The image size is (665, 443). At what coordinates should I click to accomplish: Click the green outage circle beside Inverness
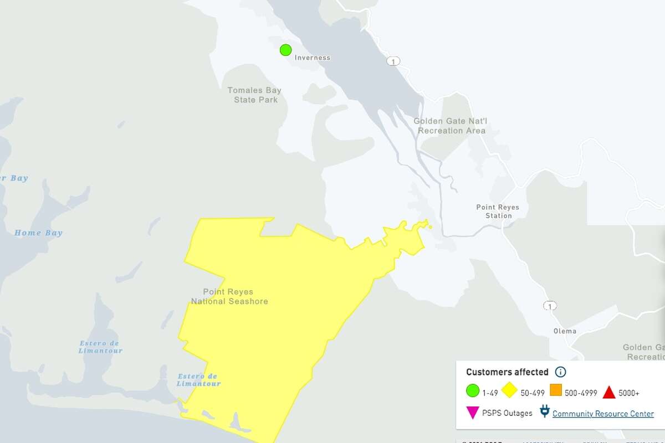coord(285,50)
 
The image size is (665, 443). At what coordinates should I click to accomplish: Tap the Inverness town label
coord(312,58)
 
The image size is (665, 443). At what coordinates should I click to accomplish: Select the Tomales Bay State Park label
coord(255,95)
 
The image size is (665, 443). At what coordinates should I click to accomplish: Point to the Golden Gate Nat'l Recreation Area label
coord(451,126)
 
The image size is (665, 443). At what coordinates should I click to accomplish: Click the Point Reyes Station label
coord(498,211)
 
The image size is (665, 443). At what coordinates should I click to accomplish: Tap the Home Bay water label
coord(38,233)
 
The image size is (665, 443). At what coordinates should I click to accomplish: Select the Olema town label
coord(565,331)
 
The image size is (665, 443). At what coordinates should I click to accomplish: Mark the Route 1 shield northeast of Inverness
coord(393,61)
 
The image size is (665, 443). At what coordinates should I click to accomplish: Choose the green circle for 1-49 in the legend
coord(472,392)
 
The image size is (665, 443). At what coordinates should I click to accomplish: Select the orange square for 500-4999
coord(556,391)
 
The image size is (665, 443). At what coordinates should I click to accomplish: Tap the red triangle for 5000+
coord(608,392)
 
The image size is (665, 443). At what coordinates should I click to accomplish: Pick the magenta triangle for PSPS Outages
coord(472,413)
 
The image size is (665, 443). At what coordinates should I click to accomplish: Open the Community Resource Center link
coord(603,414)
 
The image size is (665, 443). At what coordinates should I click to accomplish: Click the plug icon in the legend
coord(544,412)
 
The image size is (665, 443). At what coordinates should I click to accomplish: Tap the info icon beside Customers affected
coord(560,372)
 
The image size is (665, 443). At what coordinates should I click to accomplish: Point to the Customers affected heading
coord(507,372)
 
